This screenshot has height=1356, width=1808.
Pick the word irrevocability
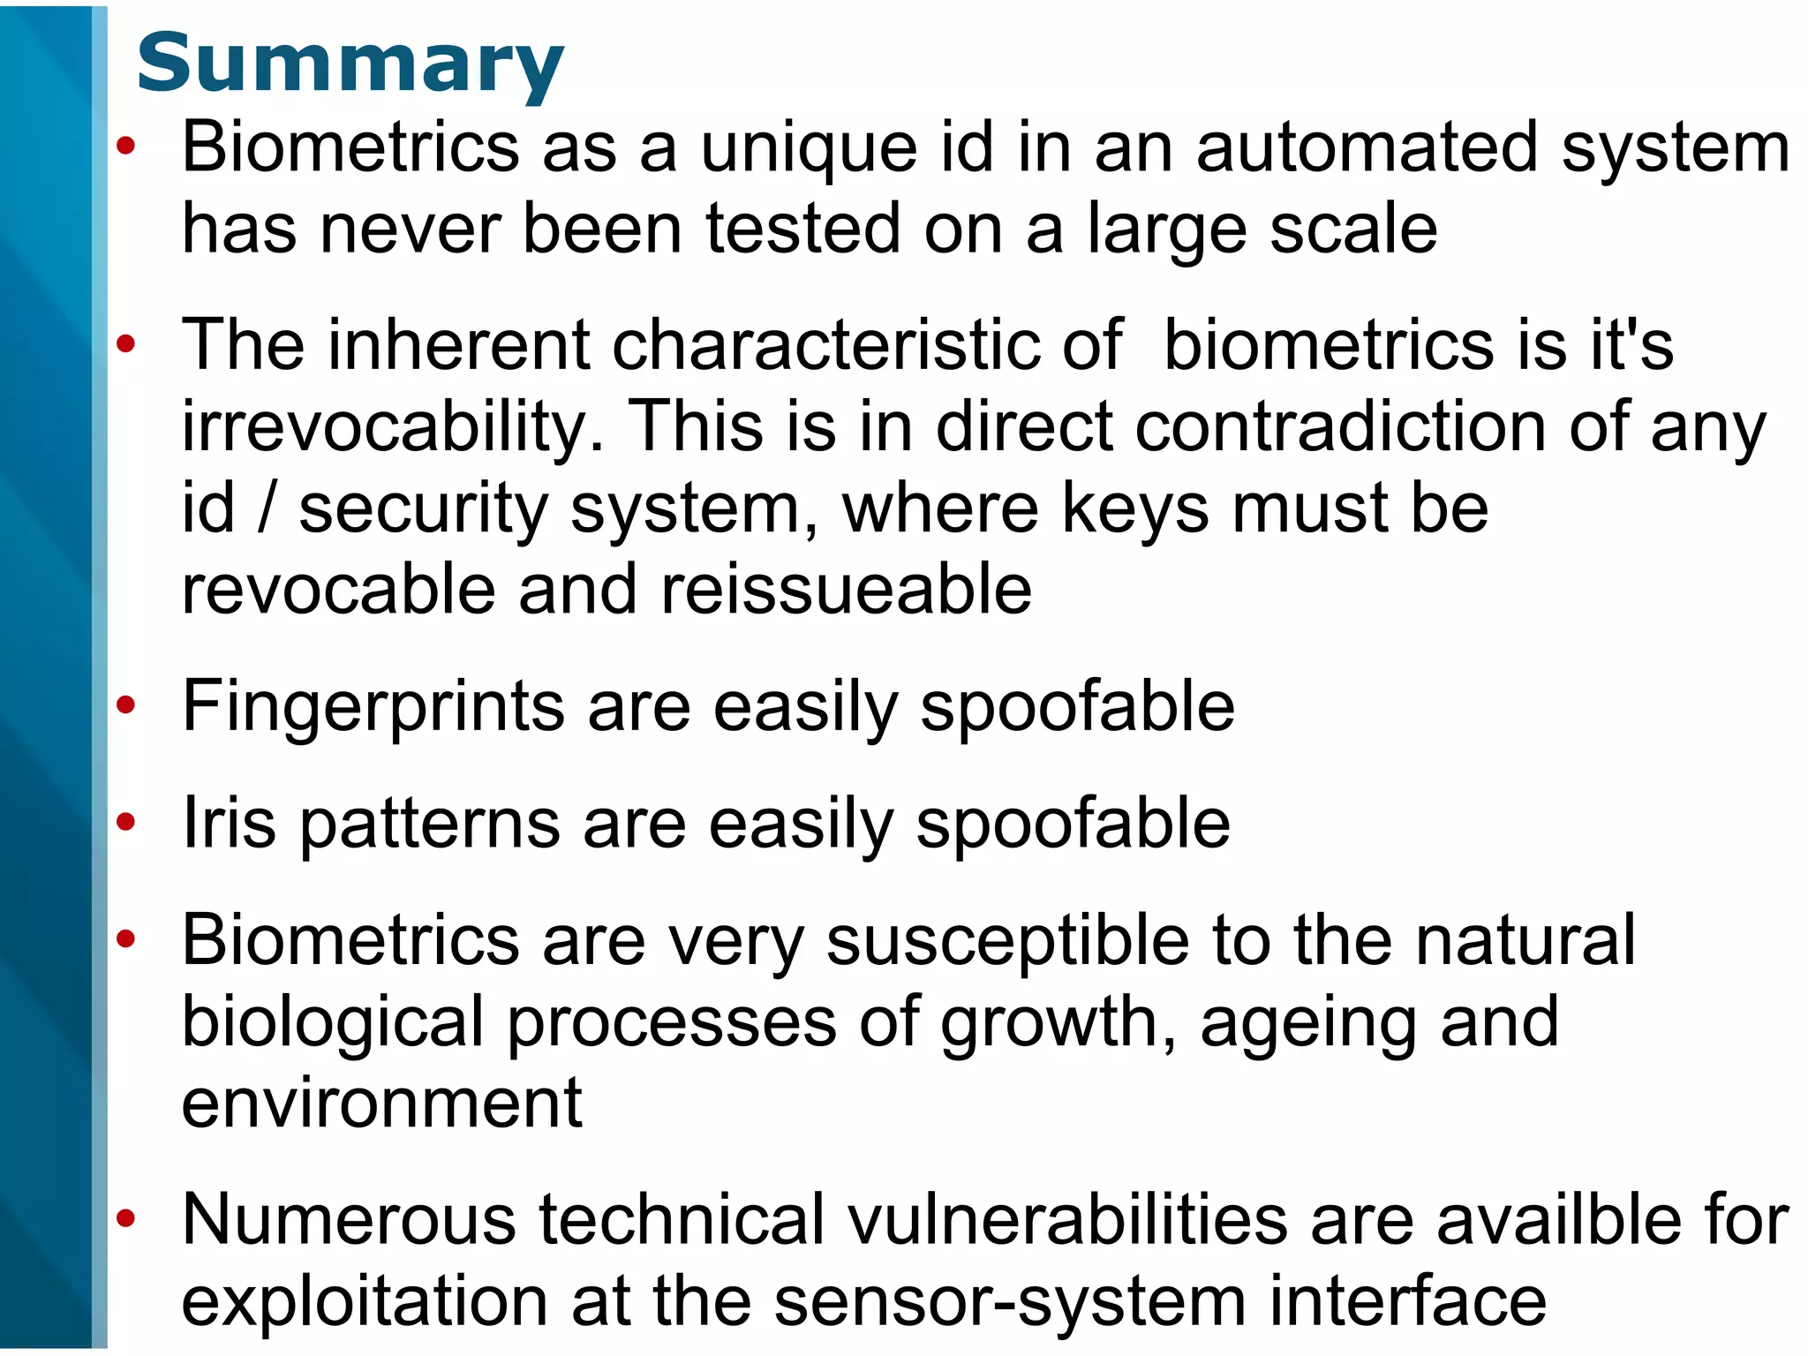[393, 427]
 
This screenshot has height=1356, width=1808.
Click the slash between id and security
[266, 509]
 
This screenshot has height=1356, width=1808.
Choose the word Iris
[229, 823]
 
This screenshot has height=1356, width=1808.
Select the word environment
[381, 1104]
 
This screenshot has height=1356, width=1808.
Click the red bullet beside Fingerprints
[126, 704]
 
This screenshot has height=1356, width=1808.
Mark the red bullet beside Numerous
[126, 1218]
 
